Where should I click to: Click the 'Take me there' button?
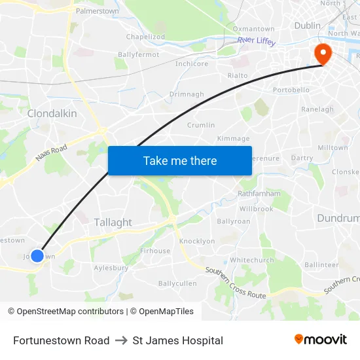(x=180, y=160)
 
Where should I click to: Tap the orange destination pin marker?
(x=323, y=54)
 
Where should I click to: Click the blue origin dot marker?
(x=37, y=256)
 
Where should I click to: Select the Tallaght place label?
(x=113, y=223)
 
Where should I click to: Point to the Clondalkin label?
(x=52, y=113)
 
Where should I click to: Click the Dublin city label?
(x=307, y=26)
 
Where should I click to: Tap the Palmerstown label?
(x=97, y=11)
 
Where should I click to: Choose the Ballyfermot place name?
(x=138, y=54)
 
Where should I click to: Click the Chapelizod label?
(x=145, y=37)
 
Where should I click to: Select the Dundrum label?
(x=338, y=218)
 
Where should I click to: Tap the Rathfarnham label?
(x=259, y=194)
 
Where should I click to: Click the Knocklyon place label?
(x=197, y=241)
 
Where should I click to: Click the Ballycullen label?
(x=177, y=283)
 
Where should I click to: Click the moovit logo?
(x=321, y=339)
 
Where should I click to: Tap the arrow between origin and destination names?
(x=121, y=340)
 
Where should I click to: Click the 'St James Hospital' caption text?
(x=177, y=340)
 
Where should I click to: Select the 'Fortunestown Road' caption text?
(x=61, y=340)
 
